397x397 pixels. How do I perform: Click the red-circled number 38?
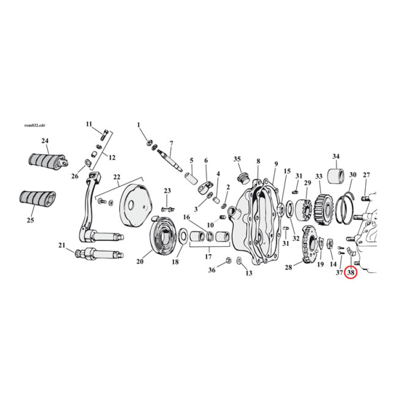(x=351, y=272)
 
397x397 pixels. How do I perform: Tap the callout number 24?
(x=45, y=141)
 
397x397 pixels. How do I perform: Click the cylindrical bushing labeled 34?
(x=336, y=176)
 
